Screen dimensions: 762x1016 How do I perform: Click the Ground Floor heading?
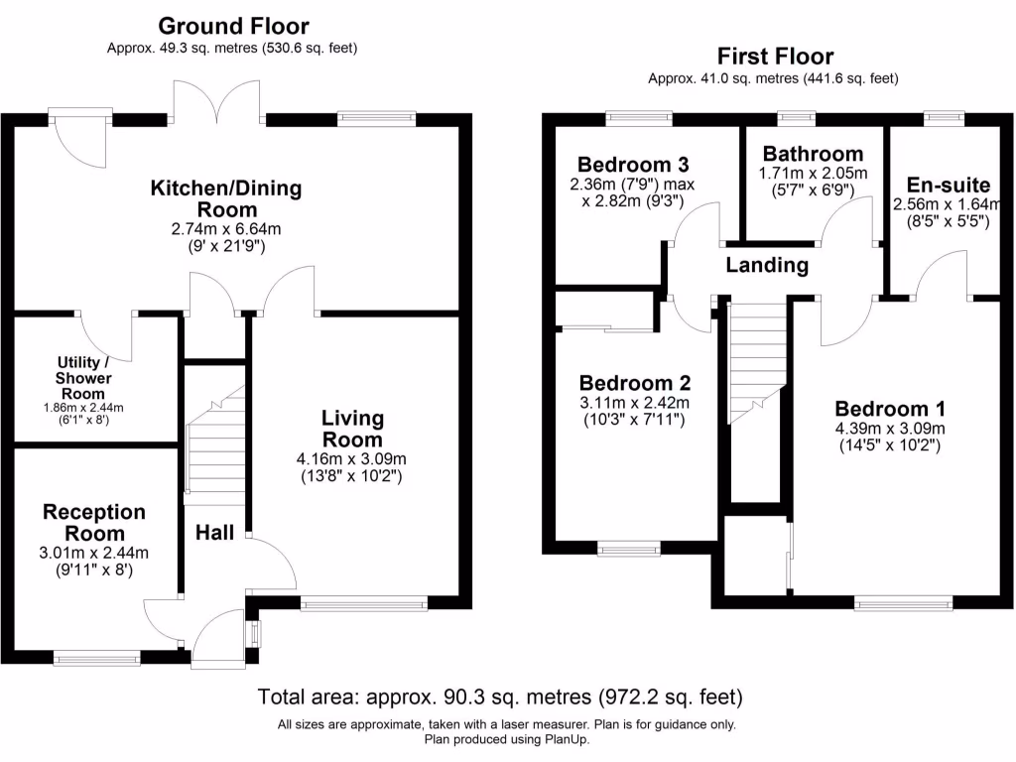233,26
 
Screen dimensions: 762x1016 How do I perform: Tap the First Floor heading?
775,57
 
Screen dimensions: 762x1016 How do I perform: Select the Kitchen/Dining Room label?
226,198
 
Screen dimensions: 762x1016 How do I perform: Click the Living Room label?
352,429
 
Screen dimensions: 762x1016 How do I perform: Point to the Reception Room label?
94,523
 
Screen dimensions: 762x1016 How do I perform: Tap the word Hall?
214,533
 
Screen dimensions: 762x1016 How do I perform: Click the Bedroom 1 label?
890,409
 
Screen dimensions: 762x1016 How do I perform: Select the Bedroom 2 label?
634,383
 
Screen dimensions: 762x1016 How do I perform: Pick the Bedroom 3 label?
632,164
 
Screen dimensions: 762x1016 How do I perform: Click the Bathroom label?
813,154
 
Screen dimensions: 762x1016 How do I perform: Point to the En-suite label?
949,184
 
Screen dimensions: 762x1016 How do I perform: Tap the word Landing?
767,265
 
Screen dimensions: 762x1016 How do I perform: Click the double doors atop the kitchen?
217,102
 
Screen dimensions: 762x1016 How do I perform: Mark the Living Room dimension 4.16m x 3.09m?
352,458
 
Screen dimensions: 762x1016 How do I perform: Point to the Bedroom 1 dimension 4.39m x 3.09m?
890,429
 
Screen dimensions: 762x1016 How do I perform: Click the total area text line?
500,696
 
